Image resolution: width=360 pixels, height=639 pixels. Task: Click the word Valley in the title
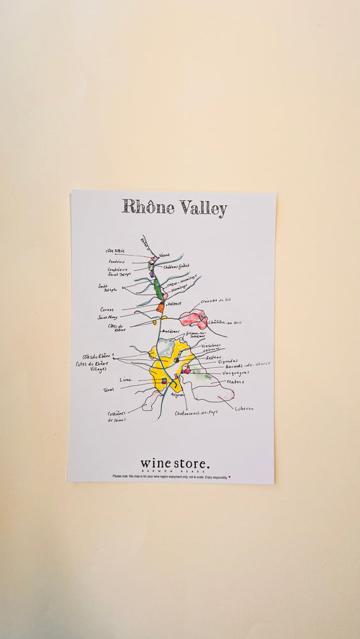coord(203,208)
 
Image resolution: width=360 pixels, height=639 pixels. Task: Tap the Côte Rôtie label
coord(115,251)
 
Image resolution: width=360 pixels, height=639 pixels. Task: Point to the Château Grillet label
coord(176,266)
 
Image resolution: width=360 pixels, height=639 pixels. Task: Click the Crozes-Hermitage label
coord(182,281)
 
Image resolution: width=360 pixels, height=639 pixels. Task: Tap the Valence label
coord(175,303)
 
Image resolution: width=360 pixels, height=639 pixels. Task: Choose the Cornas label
coord(107,309)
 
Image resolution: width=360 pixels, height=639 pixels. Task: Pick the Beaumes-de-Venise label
coord(248,364)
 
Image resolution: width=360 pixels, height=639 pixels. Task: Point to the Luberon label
coord(244,408)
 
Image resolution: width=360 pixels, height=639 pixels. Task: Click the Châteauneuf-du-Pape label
coord(196,413)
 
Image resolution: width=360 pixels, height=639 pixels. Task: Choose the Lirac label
coord(125,380)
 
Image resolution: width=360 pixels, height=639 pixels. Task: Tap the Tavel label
coord(108,389)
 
